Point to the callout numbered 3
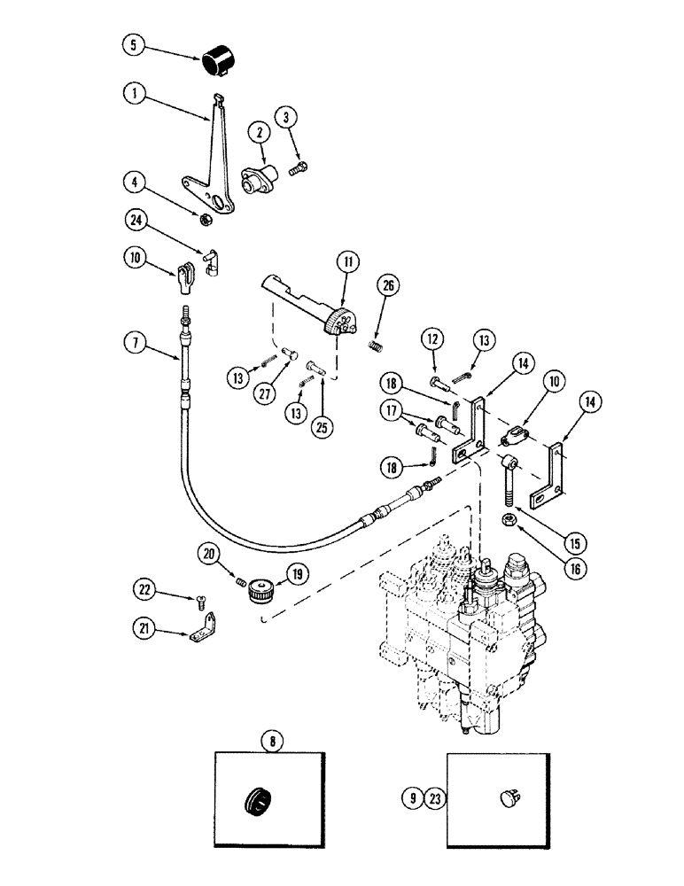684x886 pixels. coord(284,116)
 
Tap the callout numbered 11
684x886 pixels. coord(346,262)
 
